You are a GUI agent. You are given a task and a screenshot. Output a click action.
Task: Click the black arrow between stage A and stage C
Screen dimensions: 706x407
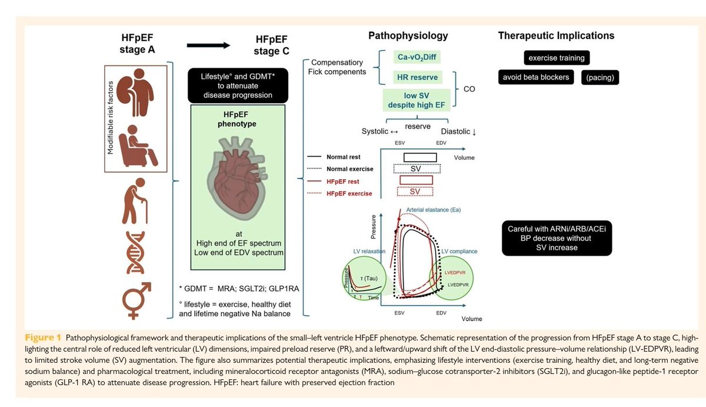coord(208,45)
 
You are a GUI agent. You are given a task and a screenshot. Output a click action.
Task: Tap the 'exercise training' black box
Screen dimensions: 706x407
coord(557,58)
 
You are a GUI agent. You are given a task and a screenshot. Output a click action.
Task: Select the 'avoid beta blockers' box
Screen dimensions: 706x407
coord(536,77)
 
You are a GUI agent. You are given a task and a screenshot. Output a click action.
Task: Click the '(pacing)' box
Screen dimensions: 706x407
coord(600,78)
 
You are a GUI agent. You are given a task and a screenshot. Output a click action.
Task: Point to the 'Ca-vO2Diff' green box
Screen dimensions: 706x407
coord(417,57)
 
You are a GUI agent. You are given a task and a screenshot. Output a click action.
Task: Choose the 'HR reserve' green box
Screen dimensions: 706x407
coord(417,77)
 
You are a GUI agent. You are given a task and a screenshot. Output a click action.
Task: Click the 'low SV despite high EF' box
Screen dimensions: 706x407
coord(417,100)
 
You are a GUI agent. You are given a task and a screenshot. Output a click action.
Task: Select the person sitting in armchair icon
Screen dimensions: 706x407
coord(138,145)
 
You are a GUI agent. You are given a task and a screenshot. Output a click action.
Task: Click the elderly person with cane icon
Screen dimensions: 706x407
coord(135,201)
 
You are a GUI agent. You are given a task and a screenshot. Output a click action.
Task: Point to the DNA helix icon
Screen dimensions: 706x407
coord(135,253)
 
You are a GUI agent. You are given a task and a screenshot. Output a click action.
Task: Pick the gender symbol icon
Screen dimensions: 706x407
coord(136,300)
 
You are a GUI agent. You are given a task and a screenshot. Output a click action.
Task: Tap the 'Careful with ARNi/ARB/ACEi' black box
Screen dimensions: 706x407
coord(557,238)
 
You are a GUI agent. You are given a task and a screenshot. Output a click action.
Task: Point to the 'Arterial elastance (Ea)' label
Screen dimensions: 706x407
coord(434,210)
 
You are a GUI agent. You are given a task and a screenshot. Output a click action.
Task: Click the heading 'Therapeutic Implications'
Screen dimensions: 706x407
coord(557,36)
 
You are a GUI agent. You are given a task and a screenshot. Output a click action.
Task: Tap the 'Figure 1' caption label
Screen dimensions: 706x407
coord(43,337)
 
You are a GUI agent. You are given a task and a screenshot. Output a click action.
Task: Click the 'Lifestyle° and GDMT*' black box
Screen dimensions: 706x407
coord(238,85)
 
